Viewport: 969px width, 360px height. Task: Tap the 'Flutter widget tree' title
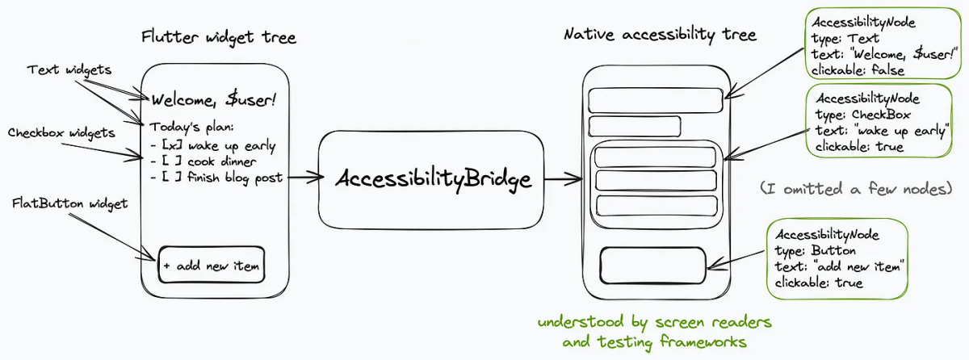(218, 37)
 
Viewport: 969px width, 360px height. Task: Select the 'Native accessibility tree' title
(660, 35)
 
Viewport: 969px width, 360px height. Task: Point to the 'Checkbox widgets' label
(61, 132)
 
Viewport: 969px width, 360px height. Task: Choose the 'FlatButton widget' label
(70, 203)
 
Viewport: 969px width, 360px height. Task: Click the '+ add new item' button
(212, 265)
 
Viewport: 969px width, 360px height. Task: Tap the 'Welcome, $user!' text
(214, 100)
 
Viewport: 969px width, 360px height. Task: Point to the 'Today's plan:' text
(192, 127)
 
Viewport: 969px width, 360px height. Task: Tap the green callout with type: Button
(837, 258)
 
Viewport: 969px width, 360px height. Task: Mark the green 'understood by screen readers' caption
(655, 323)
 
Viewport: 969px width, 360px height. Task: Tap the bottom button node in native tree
(653, 263)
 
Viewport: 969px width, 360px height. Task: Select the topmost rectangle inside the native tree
(655, 101)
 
